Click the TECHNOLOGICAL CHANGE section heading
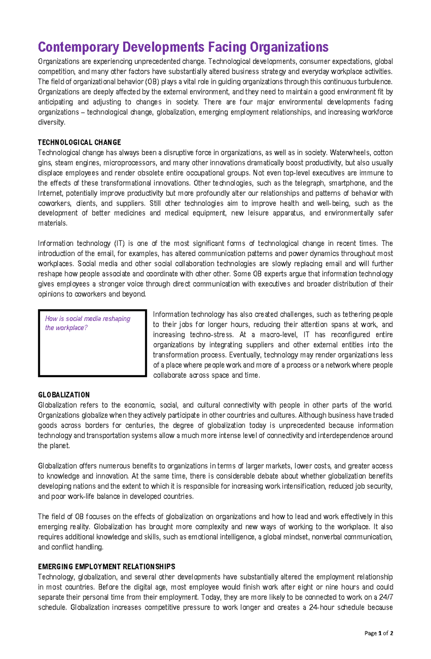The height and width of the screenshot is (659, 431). pyautogui.click(x=79, y=142)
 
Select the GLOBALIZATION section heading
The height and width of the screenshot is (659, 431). pyautogui.click(x=64, y=395)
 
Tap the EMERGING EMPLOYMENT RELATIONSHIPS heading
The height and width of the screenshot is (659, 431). pyautogui.click(x=106, y=566)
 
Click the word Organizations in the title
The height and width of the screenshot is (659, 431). pyautogui.click(x=289, y=47)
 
